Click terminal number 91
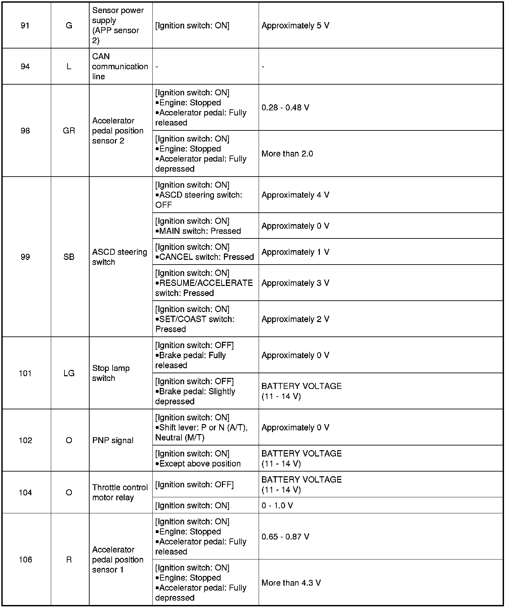tap(25, 26)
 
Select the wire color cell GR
tap(69, 131)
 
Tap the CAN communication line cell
tap(120, 67)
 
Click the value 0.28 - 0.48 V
tap(285, 108)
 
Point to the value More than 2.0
tap(287, 154)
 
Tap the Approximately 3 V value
tap(295, 283)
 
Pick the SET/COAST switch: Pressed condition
tap(195, 319)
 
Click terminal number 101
tap(25, 373)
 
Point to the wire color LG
tap(69, 373)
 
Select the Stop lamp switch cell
tap(111, 373)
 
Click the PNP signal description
tap(113, 440)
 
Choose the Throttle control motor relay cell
tap(120, 492)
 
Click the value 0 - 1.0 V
tap(277, 505)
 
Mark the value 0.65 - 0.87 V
tap(285, 536)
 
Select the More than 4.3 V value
tap(291, 583)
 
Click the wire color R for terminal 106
tap(69, 560)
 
